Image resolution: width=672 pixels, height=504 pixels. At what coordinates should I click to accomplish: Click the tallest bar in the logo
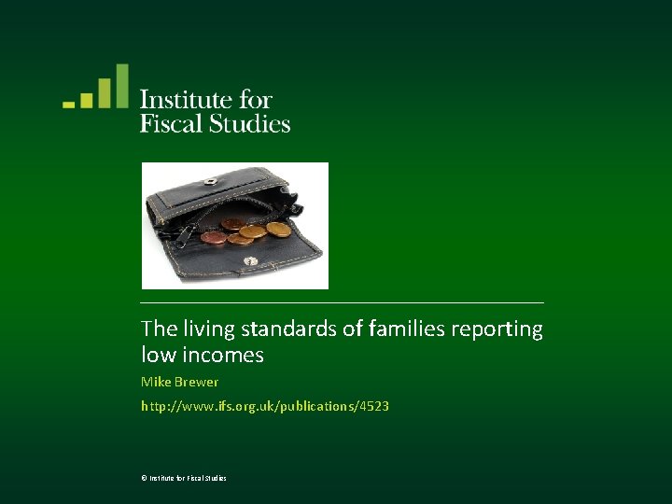(x=121, y=86)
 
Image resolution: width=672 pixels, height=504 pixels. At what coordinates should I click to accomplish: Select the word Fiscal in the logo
(x=171, y=123)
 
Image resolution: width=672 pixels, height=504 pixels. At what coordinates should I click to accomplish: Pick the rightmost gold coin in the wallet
(x=278, y=228)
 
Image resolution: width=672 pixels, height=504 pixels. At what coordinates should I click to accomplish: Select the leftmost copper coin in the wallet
(x=214, y=236)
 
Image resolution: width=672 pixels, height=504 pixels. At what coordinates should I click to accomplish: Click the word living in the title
(x=207, y=329)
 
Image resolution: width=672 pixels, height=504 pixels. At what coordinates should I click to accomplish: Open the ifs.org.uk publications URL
(x=264, y=406)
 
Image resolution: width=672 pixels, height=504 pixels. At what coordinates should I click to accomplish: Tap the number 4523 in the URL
(x=374, y=406)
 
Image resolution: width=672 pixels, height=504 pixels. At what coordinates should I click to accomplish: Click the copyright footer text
(x=183, y=478)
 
